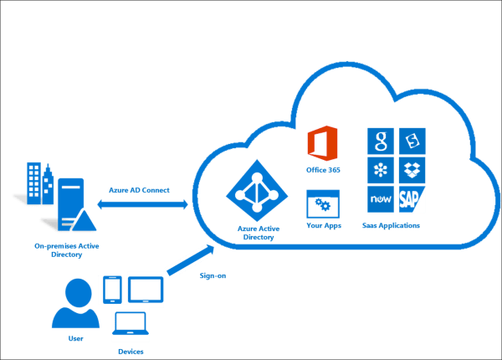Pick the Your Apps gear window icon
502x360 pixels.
(320, 203)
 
